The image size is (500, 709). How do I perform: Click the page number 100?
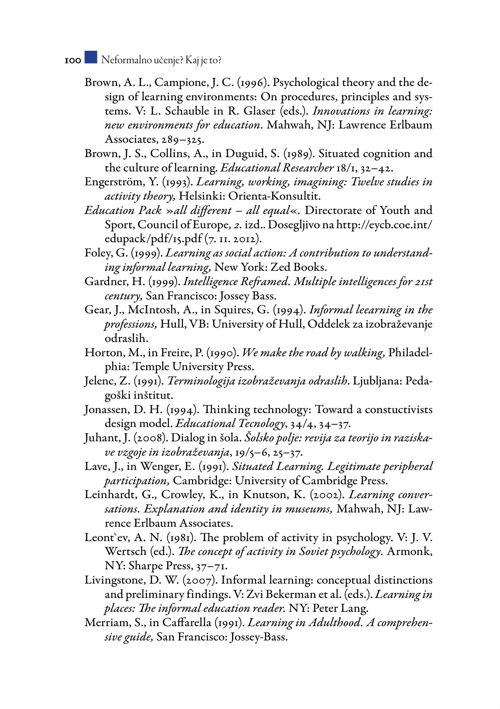72,61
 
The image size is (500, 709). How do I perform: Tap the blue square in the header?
91,57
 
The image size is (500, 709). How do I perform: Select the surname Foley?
98,253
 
